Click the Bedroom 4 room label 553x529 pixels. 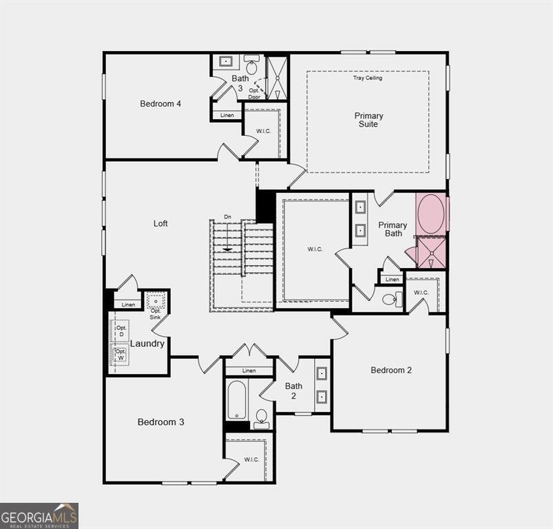click(160, 104)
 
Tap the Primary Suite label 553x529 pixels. click(368, 120)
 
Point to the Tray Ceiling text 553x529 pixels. click(368, 78)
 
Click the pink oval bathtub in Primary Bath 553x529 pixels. click(432, 214)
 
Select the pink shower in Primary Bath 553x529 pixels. click(432, 253)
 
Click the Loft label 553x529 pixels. click(160, 223)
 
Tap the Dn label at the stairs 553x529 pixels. click(227, 218)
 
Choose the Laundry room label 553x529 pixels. click(147, 343)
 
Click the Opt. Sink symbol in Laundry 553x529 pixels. click(156, 301)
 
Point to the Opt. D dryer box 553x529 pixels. click(121, 331)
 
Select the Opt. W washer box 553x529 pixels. click(121, 355)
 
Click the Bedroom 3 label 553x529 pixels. click(160, 422)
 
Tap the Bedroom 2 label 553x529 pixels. click(391, 370)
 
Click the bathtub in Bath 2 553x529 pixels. click(237, 400)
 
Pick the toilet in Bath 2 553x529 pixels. click(261, 417)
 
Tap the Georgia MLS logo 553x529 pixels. click(39, 515)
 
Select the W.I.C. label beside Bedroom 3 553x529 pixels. click(251, 459)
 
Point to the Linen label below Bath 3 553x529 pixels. click(227, 115)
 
